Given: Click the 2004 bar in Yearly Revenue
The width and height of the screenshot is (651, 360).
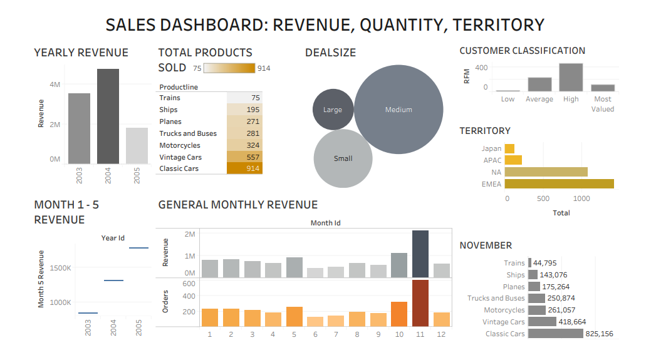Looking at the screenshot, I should coord(108,116).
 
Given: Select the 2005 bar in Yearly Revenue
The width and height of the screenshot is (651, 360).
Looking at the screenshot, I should coord(137,146).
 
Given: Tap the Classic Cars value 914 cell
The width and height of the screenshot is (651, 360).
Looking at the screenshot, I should coord(244,168).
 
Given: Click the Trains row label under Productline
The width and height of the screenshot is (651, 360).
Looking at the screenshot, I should coord(170,98).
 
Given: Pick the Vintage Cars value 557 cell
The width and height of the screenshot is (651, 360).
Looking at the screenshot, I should coord(244,157).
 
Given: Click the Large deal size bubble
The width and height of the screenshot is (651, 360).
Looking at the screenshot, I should coord(333,110).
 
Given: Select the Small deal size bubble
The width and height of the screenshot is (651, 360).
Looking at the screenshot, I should coord(343,158).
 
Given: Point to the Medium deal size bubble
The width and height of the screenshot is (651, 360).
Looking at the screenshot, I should coord(398,110).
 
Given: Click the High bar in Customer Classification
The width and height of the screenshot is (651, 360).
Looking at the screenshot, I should coord(571,78).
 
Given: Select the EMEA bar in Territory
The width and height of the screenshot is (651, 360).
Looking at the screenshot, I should coord(559,183).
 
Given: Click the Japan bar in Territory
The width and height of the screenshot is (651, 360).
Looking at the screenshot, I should coord(509,148).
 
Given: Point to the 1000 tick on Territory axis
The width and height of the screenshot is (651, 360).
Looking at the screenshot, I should coord(581,198).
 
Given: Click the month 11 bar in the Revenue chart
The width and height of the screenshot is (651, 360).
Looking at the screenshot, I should coord(420,254).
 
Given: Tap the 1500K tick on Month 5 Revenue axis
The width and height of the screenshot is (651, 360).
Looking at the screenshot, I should coord(60,268).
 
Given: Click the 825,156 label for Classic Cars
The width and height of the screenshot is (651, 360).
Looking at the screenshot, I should coord(599,334).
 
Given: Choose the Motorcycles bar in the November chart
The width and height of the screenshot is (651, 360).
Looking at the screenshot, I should coord(536,310).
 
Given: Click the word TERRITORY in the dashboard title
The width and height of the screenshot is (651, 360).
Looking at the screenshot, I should coord(499,24).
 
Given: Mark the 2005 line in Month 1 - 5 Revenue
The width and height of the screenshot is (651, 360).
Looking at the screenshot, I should coord(138,248).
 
